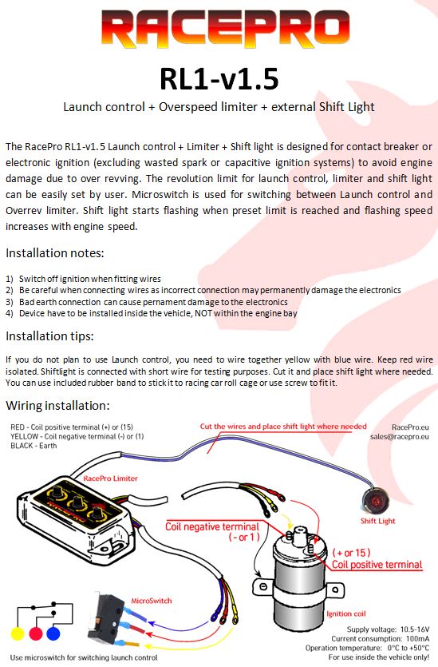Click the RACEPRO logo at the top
coord(225,28)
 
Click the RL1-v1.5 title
coord(219,79)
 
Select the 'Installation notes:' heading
coord(55,253)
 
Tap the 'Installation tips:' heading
coord(49,336)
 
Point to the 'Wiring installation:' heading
coord(57,406)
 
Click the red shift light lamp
coord(375,501)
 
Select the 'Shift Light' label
coord(377,521)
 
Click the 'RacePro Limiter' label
coord(110,478)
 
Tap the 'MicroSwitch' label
coord(152,601)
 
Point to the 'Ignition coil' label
coord(345,613)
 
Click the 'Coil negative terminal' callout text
coord(212,527)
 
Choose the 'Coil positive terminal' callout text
coord(377,565)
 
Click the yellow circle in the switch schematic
coord(18,633)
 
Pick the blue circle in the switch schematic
coord(53,633)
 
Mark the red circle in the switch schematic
coord(36,633)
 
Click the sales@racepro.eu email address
coord(400,436)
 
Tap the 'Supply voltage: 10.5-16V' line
coord(388,629)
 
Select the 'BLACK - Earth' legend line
coord(34,446)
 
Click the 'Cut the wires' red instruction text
coord(283,427)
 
